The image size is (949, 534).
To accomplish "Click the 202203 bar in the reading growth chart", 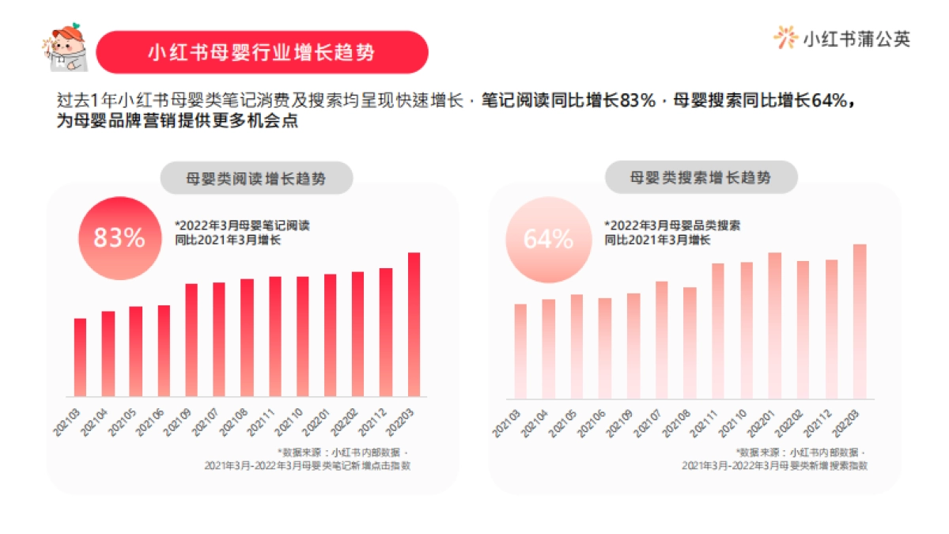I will [414, 324].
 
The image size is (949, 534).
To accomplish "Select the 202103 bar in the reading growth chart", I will [80, 357].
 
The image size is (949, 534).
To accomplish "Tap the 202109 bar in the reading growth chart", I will [191, 339].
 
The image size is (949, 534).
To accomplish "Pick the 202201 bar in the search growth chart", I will [775, 324].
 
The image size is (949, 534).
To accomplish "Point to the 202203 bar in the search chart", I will [860, 320].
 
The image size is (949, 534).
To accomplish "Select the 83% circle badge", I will [119, 237].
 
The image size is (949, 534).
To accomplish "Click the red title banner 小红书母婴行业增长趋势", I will [262, 52].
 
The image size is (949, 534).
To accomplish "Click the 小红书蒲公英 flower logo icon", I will [785, 38].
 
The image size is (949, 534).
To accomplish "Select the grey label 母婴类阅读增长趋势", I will [256, 179].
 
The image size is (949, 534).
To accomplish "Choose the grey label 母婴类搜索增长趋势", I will [701, 177].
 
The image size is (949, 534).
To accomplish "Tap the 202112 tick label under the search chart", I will [821, 418].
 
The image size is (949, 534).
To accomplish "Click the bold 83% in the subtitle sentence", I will [638, 102].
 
